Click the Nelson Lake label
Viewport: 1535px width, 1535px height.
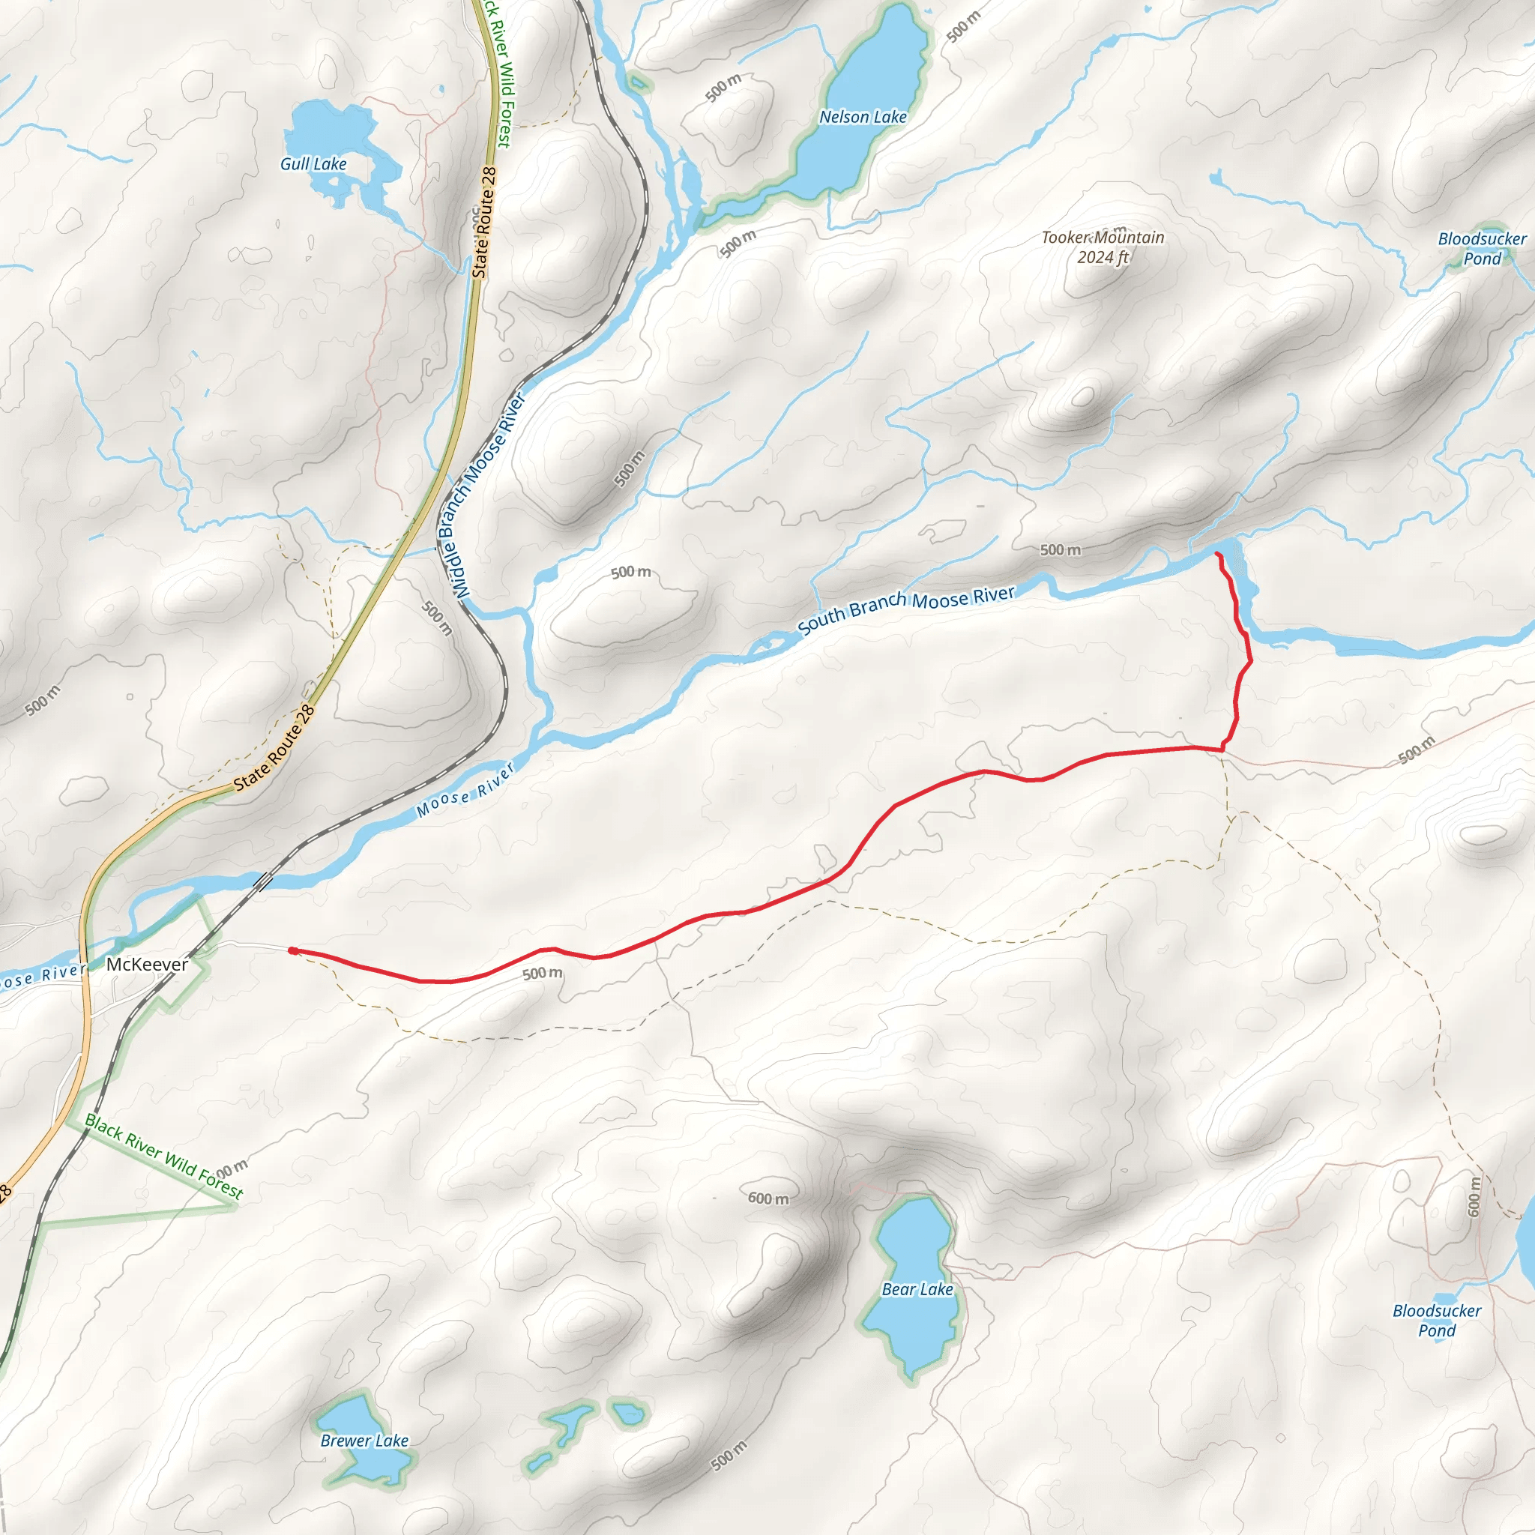863,117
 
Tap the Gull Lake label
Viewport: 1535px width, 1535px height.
313,163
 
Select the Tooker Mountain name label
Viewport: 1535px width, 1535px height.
1103,238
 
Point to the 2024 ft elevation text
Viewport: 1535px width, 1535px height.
1102,257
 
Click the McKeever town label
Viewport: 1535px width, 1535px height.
147,965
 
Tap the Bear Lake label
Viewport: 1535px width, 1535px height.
917,1289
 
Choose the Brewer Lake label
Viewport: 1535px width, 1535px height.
365,1441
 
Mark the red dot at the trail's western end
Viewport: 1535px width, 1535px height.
293,951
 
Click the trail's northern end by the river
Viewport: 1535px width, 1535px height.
1218,554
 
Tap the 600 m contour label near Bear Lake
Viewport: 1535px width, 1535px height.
768,1198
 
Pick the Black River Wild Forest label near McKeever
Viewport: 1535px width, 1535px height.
163,1156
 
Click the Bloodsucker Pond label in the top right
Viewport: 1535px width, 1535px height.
1482,249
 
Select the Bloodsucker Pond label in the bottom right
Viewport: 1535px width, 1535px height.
1437,1321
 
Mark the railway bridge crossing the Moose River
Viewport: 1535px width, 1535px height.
264,881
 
